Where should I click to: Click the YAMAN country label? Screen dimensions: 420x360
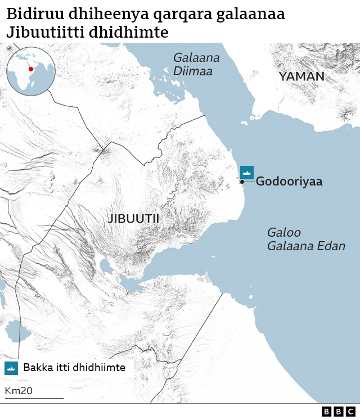301,76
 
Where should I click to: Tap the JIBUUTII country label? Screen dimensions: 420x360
133,219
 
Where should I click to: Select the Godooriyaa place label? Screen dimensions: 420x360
289,182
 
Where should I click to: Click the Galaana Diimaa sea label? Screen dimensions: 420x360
196,64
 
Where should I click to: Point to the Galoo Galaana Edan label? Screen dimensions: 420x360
306,240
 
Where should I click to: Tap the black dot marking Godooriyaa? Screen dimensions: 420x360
242,182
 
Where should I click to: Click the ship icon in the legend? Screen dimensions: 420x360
11,368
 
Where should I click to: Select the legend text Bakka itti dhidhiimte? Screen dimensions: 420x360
74,368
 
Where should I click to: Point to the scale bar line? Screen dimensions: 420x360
34,399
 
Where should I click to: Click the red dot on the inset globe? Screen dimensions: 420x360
31,69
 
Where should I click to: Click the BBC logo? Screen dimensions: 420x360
339,412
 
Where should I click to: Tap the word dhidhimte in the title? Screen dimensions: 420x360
134,33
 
